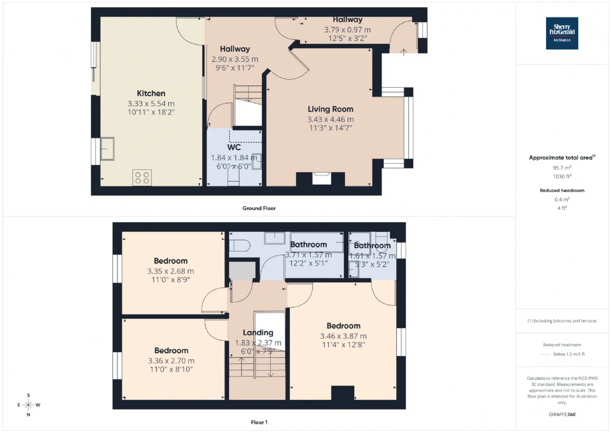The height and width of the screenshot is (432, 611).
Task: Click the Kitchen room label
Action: [151, 93]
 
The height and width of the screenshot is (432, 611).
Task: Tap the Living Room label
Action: [331, 109]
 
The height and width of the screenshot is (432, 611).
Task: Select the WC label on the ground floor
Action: [234, 148]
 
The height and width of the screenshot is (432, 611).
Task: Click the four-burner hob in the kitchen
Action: [142, 178]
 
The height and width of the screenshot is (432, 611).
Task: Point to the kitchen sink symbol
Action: [107, 148]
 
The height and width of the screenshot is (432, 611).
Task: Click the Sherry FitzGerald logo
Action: [562, 33]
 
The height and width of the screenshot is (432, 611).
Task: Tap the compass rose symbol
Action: [28, 405]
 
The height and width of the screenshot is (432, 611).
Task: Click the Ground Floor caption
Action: [259, 208]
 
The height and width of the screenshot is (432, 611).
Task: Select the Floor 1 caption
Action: [259, 422]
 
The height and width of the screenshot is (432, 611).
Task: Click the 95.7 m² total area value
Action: [562, 168]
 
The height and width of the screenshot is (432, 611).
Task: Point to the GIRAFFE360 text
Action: [562, 414]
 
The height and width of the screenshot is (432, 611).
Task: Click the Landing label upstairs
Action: [258, 332]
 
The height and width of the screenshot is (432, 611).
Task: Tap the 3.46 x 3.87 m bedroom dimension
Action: [343, 336]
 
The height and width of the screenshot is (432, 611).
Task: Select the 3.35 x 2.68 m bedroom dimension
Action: [171, 271]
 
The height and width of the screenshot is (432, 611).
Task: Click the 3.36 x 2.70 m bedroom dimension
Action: [171, 361]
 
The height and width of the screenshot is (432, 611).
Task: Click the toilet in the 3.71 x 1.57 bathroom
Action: [239, 245]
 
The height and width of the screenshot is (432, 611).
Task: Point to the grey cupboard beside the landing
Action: [242, 270]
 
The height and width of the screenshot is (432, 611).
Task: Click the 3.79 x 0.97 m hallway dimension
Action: [348, 30]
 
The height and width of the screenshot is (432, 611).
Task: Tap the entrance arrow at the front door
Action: [404, 52]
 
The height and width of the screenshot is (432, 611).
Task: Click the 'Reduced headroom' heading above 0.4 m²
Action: [562, 190]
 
